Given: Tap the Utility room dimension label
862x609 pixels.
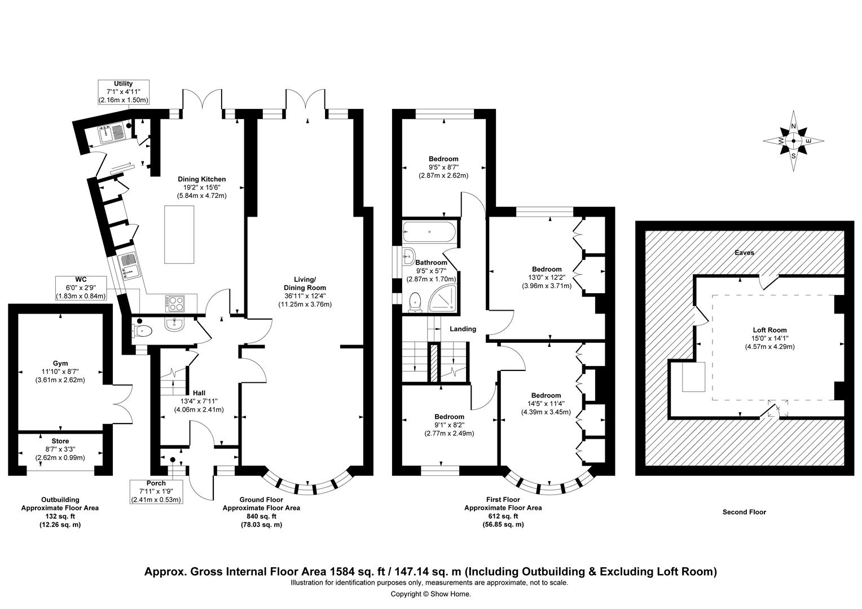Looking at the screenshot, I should pos(123,92).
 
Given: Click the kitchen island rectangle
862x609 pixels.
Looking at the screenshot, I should pos(180,235).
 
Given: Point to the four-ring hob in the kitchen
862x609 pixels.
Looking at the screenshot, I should pos(175,303).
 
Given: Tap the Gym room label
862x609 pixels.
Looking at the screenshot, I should pos(60,372).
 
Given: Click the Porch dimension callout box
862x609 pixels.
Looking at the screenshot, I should pos(156,492).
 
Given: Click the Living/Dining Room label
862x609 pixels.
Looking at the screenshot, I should pos(305,292).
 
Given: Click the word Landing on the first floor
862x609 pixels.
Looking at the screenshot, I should pos(463,329).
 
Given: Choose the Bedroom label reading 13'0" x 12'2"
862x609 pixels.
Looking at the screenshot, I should pos(546,277).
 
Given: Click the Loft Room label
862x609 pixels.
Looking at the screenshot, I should pos(769,338).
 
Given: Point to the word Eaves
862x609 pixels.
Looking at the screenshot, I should pos(744,253).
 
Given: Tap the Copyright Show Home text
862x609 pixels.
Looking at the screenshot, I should pos(430,594).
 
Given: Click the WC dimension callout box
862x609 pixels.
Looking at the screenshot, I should pos(80,288).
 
